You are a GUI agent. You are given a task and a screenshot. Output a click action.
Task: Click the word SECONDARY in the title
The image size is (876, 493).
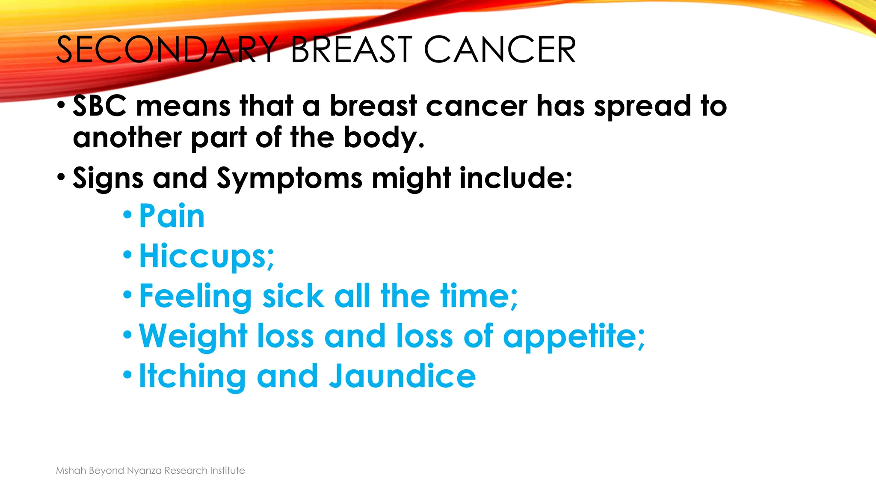167,50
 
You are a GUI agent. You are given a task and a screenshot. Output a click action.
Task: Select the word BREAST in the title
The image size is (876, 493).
351,50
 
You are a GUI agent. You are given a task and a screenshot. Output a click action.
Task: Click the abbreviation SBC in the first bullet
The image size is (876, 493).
100,106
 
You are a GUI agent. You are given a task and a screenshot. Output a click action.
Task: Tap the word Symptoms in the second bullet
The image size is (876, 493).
290,179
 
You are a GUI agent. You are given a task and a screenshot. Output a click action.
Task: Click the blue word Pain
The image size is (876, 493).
172,216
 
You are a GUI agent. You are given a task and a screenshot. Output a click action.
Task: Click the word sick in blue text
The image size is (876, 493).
293,296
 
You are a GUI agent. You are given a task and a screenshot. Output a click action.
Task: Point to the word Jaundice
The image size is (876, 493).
402,377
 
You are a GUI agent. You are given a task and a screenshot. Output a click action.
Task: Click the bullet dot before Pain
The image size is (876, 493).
127,214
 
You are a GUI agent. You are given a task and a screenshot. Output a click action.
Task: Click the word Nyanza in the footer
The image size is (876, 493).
144,471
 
